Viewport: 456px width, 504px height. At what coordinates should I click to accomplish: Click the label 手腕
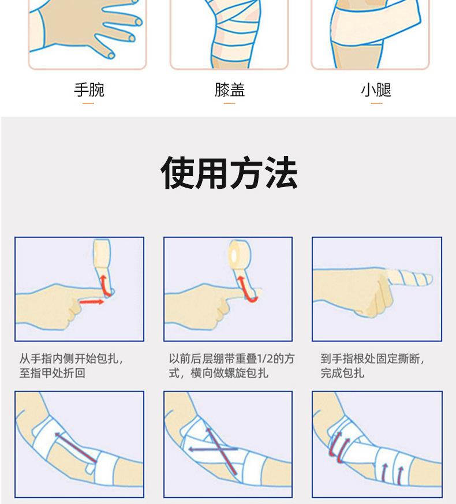(x=89, y=90)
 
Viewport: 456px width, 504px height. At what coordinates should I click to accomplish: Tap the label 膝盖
(x=230, y=90)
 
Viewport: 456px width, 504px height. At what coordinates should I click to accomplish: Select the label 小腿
(x=376, y=90)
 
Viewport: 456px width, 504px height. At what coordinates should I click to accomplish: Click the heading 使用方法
(x=229, y=173)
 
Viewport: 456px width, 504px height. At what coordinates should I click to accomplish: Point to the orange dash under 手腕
(x=88, y=103)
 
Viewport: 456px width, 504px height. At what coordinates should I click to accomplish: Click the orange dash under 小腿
(x=376, y=103)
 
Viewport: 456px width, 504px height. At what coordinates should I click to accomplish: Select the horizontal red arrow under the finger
(x=92, y=302)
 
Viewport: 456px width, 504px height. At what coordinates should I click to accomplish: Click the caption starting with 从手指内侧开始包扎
(x=71, y=366)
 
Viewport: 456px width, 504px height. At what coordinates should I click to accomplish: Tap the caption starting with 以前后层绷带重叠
(x=231, y=366)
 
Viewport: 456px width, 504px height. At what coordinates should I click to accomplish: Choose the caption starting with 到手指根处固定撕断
(x=372, y=366)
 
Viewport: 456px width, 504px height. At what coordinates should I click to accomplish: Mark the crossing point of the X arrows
(x=221, y=449)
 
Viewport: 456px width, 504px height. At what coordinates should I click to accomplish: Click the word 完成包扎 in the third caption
(x=342, y=373)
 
